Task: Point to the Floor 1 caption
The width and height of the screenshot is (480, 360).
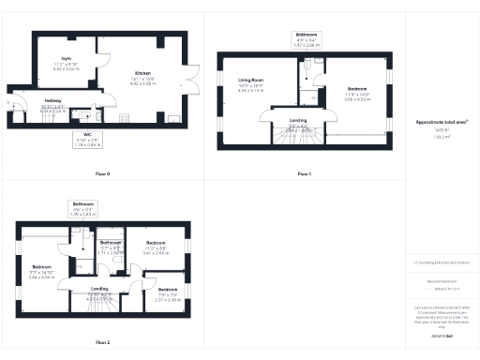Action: click(304, 174)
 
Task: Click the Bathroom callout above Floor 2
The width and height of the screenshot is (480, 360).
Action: click(82, 208)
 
